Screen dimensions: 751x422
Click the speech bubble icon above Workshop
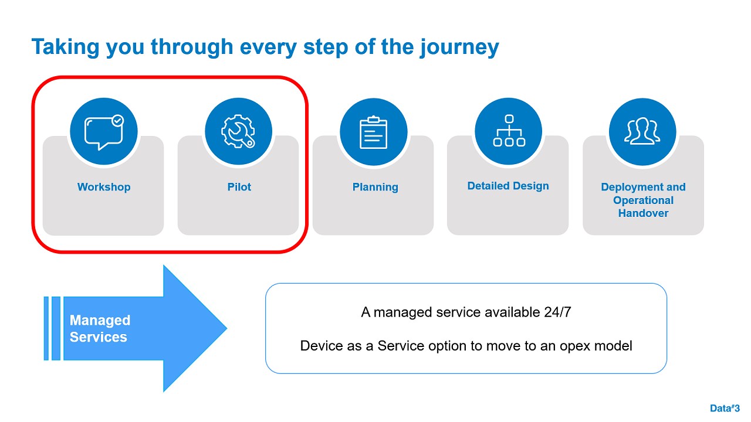click(x=104, y=132)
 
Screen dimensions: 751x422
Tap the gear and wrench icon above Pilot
click(x=238, y=131)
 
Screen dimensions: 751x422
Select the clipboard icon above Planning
click(x=374, y=132)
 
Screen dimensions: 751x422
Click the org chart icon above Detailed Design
click(x=509, y=131)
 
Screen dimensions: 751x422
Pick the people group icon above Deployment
click(x=642, y=131)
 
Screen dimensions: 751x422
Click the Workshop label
click(x=104, y=187)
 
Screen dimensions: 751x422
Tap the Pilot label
click(x=239, y=187)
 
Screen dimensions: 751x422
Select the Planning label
click(x=375, y=187)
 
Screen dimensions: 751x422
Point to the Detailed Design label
click(x=508, y=186)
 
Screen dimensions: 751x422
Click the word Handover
click(x=643, y=213)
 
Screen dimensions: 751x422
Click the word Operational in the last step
click(x=643, y=200)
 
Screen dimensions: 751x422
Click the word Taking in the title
click(x=65, y=47)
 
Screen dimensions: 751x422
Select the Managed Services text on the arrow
click(x=100, y=329)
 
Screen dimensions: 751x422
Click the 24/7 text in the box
click(x=557, y=312)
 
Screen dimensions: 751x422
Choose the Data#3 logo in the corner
click(x=725, y=409)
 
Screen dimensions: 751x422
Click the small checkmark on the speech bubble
click(x=118, y=121)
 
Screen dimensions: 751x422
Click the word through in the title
click(x=192, y=47)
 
